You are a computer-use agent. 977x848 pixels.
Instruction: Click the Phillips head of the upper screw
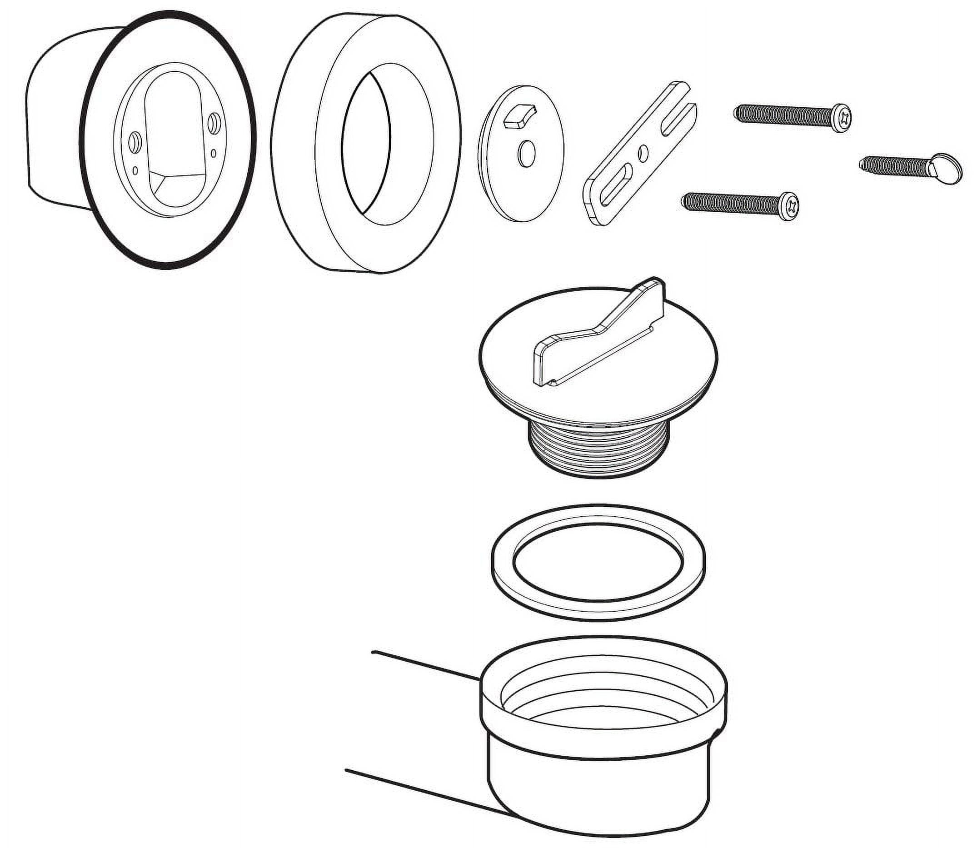click(842, 118)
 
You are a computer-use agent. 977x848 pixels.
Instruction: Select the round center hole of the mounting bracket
click(643, 153)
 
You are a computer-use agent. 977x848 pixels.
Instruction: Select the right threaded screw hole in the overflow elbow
click(214, 122)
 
